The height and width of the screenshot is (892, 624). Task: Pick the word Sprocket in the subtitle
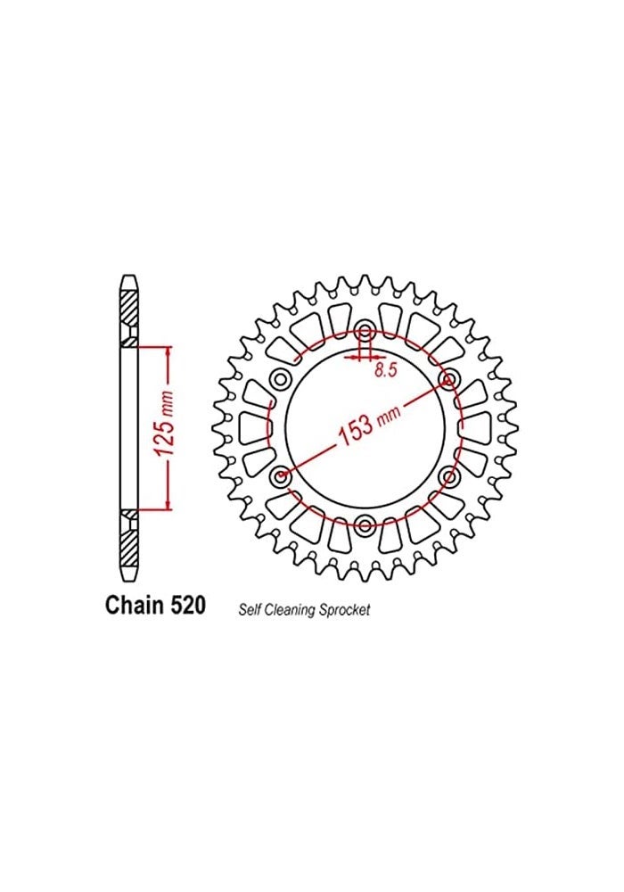point(346,611)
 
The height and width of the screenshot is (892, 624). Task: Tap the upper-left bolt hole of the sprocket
point(282,380)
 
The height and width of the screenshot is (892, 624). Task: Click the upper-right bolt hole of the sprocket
point(447,380)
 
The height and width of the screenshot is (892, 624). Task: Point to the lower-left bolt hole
point(282,475)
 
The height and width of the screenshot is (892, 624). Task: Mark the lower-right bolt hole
point(447,475)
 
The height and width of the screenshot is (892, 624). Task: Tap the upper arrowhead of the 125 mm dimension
point(167,351)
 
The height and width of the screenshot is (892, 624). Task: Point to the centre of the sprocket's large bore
point(365,428)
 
